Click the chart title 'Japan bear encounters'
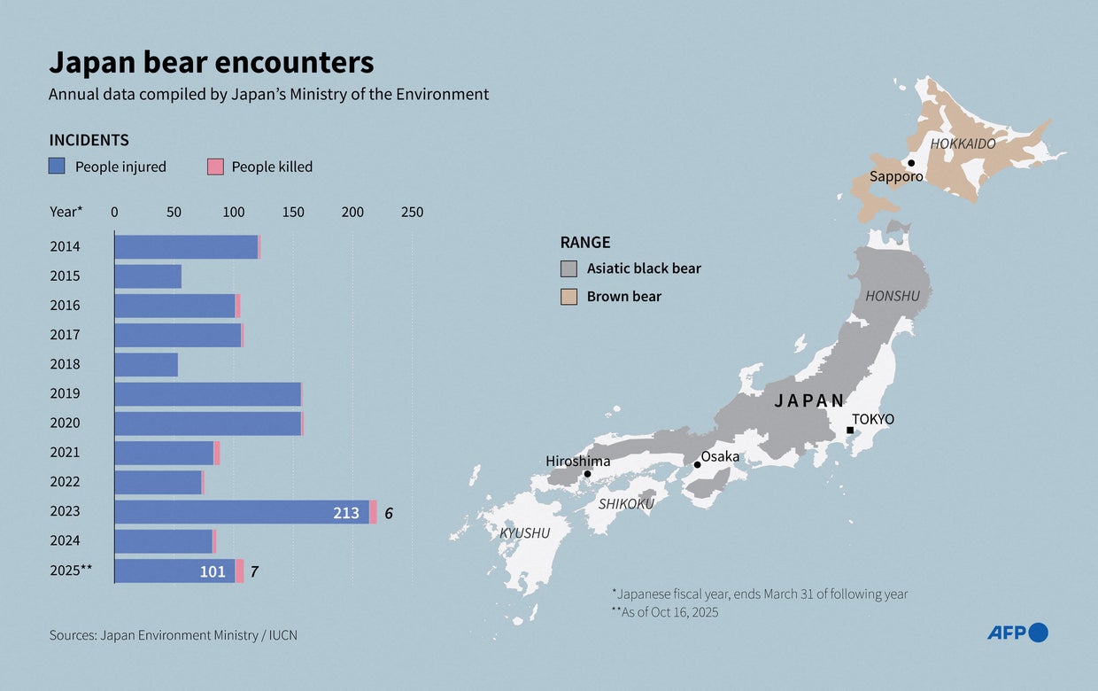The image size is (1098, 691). [x=211, y=63]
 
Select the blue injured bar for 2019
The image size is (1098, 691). [x=207, y=394]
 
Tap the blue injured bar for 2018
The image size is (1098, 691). [x=146, y=365]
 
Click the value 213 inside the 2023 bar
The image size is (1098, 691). [x=346, y=513]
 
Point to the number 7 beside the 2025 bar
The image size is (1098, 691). [x=254, y=572]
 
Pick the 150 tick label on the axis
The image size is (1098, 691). [x=293, y=213]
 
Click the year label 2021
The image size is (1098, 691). [x=65, y=453]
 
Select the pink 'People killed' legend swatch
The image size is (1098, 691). [x=215, y=167]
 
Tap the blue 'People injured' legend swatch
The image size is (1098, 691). [x=57, y=167]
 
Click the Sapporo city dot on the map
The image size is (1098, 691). [x=911, y=163]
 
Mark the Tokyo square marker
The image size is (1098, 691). [x=850, y=431]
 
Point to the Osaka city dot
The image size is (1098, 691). [x=698, y=464]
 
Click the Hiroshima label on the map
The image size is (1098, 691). [x=578, y=461]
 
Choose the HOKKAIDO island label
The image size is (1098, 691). [x=963, y=144]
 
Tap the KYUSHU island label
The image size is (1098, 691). [x=524, y=532]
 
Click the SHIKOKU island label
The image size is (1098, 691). [x=626, y=504]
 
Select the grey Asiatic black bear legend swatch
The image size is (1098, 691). [x=569, y=268]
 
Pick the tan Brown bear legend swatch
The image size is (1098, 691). [x=569, y=297]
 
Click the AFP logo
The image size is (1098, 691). [x=1017, y=633]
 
